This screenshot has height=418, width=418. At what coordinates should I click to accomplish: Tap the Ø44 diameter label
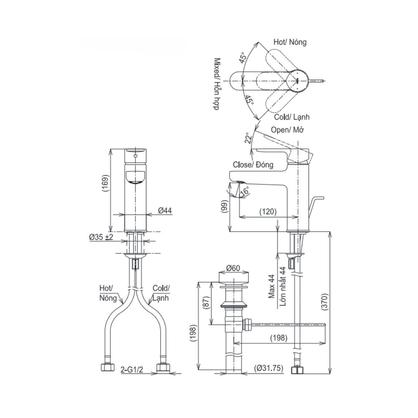pos(165,211)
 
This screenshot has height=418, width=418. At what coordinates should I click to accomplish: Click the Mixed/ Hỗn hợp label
pos(217,84)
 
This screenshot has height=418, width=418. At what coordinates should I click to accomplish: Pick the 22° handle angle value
pos(248,138)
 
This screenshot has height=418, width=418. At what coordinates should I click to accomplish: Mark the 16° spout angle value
pos(245,191)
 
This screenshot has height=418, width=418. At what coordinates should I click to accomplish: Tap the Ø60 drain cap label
pos(233,268)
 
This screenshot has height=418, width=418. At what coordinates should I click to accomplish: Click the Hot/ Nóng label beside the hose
pos(108,293)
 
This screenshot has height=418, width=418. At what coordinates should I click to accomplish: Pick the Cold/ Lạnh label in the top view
pos(292,117)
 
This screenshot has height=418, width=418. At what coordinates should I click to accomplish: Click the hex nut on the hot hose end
pos(107,368)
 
